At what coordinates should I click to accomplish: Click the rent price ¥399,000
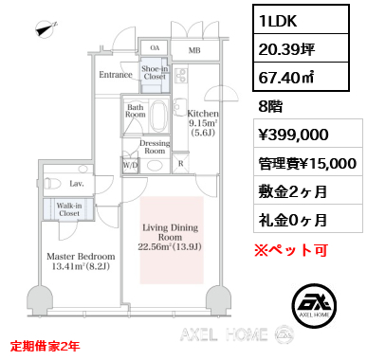[x=295, y=134]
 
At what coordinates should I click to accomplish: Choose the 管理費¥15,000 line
[x=304, y=162]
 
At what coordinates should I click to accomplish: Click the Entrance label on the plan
[x=116, y=74]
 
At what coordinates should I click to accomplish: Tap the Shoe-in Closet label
[x=155, y=73]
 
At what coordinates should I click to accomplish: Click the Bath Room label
[x=137, y=112]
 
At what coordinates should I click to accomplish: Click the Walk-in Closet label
[x=67, y=210]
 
